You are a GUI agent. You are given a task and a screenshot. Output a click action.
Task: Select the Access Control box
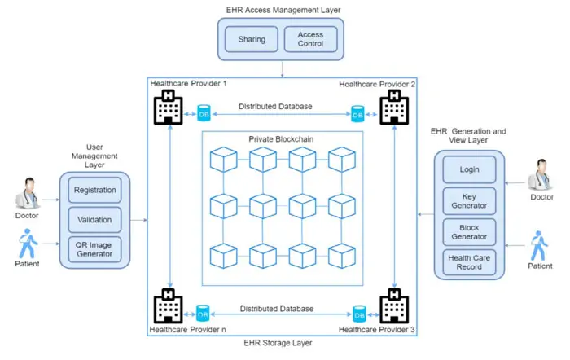click(310, 39)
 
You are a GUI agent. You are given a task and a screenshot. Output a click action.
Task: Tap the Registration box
click(94, 191)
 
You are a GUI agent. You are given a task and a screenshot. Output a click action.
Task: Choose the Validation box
click(94, 220)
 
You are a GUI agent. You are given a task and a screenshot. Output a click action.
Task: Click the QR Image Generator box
click(94, 250)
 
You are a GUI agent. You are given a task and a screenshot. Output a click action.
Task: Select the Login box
click(469, 170)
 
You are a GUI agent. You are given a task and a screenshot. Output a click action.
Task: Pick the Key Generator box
click(469, 201)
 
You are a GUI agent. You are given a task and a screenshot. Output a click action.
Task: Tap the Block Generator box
click(469, 232)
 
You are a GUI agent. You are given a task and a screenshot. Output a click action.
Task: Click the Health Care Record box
click(469, 262)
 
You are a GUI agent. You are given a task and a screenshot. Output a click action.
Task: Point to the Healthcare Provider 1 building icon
click(168, 108)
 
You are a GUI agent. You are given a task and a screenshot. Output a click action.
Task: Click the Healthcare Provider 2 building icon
click(393, 108)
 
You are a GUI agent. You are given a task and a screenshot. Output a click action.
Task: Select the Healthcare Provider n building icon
click(168, 307)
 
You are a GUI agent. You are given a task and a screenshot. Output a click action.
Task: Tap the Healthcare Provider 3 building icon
click(393, 307)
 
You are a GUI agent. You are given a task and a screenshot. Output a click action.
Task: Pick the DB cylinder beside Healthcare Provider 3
click(357, 314)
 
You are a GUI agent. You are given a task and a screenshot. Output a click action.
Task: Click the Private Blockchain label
click(281, 139)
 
